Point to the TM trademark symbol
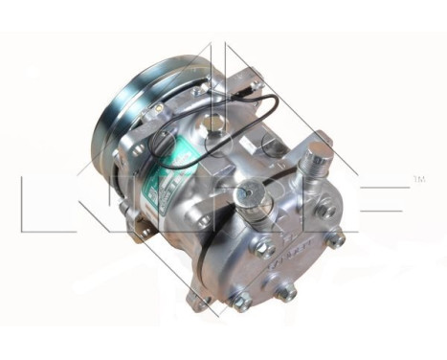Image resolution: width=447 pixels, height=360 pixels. pos(418,179)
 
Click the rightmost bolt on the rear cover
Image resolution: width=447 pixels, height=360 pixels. pos(336,236)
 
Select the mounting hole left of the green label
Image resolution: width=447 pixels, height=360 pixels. pos(136,150)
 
